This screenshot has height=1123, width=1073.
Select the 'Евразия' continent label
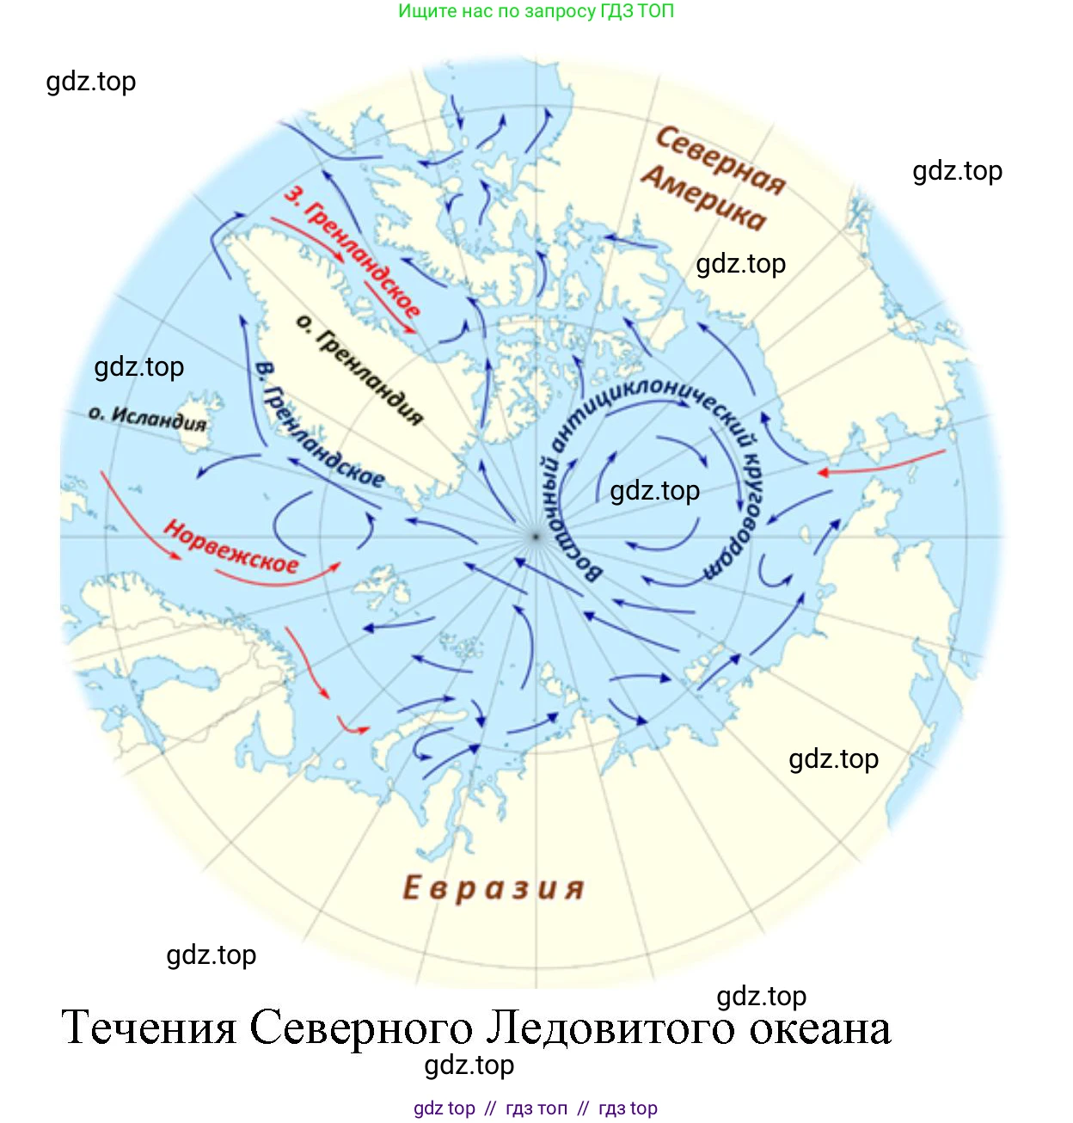(x=494, y=888)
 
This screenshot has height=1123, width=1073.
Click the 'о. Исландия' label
(x=148, y=419)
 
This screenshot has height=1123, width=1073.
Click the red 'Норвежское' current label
(x=231, y=548)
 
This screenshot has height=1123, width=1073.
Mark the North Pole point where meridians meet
(x=535, y=537)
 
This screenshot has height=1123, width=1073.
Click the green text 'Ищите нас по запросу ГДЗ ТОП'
(x=536, y=11)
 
